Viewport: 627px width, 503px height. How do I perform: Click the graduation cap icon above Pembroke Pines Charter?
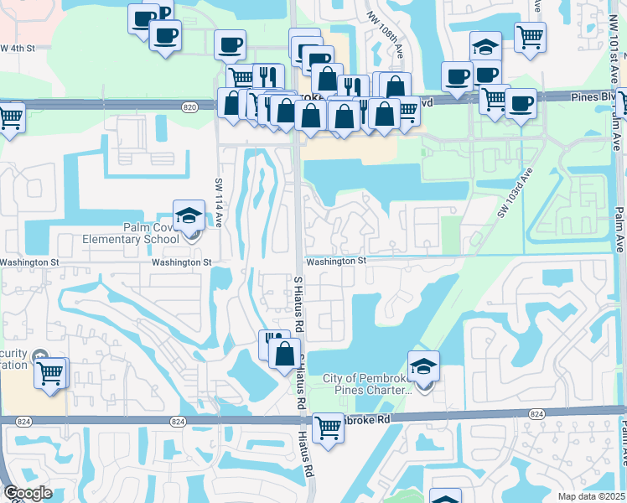pos(423,366)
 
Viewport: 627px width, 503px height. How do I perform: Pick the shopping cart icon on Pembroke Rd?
pos(328,428)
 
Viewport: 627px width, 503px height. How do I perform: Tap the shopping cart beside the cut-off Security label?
pos(51,371)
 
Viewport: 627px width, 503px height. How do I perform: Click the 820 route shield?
pos(189,106)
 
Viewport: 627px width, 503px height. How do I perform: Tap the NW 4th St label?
pos(18,48)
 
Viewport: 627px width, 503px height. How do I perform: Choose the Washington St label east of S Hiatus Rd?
pos(336,262)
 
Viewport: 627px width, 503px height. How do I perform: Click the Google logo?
pos(28,493)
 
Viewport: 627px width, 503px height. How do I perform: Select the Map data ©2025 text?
pos(590,496)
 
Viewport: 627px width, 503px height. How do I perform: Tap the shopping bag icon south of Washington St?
pos(284,353)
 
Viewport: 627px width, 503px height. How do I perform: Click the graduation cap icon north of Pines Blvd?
pos(484,47)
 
